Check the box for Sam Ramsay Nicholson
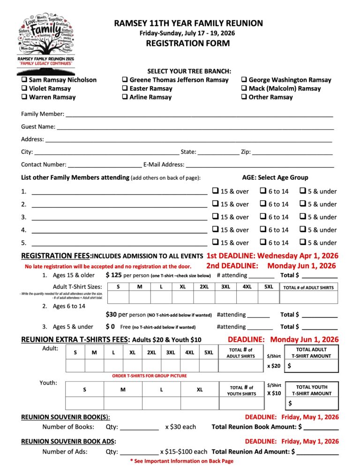click(x=24, y=80)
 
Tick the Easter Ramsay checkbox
click(x=125, y=89)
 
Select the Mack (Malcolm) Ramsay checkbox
click(x=244, y=89)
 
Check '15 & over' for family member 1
click(x=215, y=191)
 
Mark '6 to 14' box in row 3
click(x=263, y=217)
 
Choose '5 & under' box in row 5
click(x=303, y=242)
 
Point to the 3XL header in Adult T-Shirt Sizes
click(x=225, y=286)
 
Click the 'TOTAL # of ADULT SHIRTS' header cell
click(x=308, y=287)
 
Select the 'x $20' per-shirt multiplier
click(x=274, y=366)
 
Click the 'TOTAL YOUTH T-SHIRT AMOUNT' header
click(x=312, y=390)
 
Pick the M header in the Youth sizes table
click(x=123, y=389)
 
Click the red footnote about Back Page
click(x=181, y=461)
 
